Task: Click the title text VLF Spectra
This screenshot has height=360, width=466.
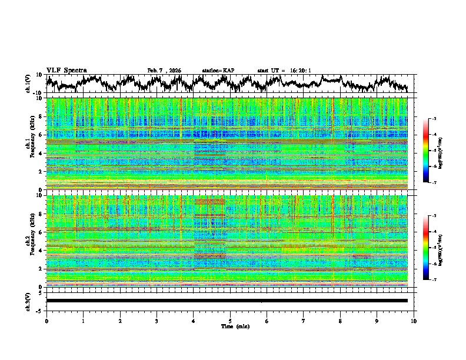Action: point(66,71)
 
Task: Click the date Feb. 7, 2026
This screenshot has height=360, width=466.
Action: point(164,71)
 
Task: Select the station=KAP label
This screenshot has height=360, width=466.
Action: point(218,71)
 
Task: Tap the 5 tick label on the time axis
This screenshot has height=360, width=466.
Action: point(230,321)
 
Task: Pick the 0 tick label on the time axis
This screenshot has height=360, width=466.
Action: point(46,321)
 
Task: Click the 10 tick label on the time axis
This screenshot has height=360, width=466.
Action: point(414,321)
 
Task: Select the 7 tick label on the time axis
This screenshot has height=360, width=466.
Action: point(304,321)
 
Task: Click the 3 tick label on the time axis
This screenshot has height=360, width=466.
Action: point(157,321)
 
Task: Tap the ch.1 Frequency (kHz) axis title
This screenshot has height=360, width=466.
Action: point(29,144)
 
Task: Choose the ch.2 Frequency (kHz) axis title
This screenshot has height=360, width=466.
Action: point(29,241)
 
